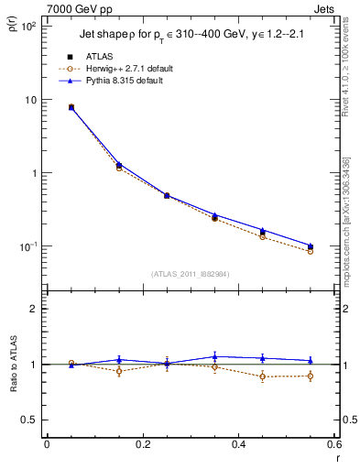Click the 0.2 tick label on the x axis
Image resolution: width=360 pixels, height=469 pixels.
142,445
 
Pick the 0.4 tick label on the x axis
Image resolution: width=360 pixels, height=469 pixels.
238,445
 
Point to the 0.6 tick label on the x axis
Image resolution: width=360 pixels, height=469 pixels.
333,445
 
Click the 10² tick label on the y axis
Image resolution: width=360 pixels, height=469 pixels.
28,27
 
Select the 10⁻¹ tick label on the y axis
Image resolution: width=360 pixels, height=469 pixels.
28,246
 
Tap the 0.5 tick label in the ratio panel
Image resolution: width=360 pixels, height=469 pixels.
28,420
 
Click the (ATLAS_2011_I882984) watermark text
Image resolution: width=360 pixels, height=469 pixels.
191,273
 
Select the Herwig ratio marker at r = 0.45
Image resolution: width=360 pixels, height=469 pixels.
263,376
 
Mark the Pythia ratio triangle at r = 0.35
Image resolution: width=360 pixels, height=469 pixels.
214,356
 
